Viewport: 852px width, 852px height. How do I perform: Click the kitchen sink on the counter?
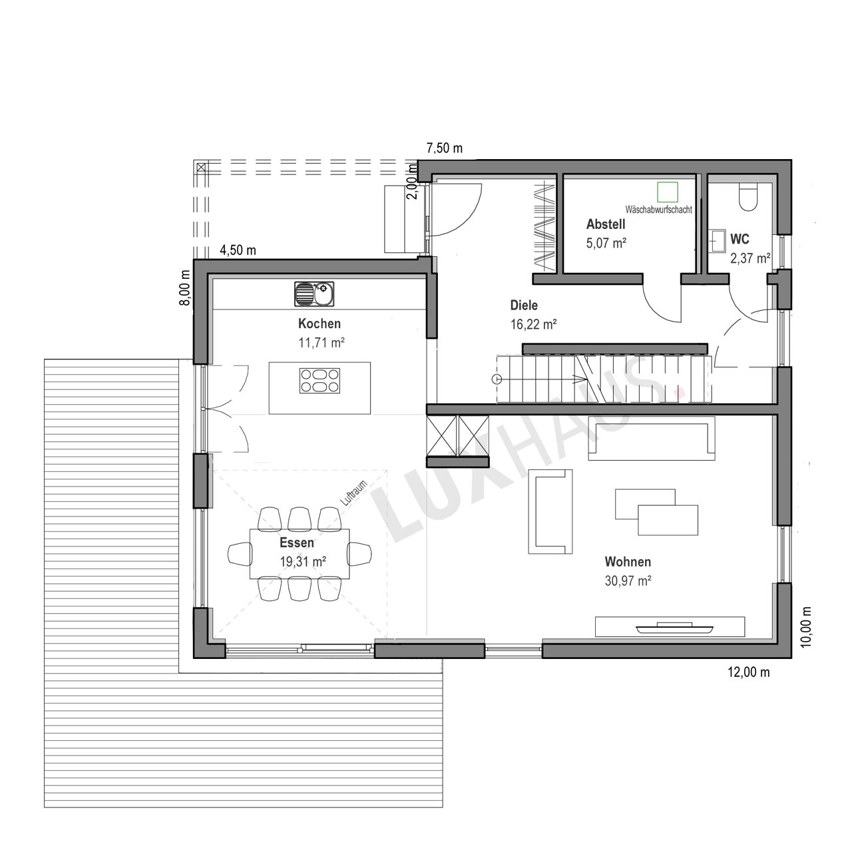point(314,294)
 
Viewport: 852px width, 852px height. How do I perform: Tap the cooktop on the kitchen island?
point(319,381)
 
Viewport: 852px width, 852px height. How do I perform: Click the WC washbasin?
point(718,240)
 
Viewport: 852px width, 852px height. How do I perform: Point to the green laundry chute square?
point(668,192)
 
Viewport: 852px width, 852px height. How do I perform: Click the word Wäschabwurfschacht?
point(658,210)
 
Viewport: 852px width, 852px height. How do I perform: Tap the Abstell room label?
point(606,224)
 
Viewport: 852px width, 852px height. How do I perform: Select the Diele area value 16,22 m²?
point(533,325)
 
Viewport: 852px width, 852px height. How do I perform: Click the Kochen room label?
point(319,323)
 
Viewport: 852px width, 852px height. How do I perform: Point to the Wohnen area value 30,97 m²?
point(628,580)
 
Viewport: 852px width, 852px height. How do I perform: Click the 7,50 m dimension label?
point(445,148)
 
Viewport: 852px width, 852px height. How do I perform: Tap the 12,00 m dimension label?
point(749,672)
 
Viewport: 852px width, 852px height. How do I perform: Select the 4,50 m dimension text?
point(238,250)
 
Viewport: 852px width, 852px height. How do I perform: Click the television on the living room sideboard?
point(674,627)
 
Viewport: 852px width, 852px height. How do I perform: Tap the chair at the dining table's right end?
point(359,554)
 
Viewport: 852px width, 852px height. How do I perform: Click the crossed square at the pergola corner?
point(202,168)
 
